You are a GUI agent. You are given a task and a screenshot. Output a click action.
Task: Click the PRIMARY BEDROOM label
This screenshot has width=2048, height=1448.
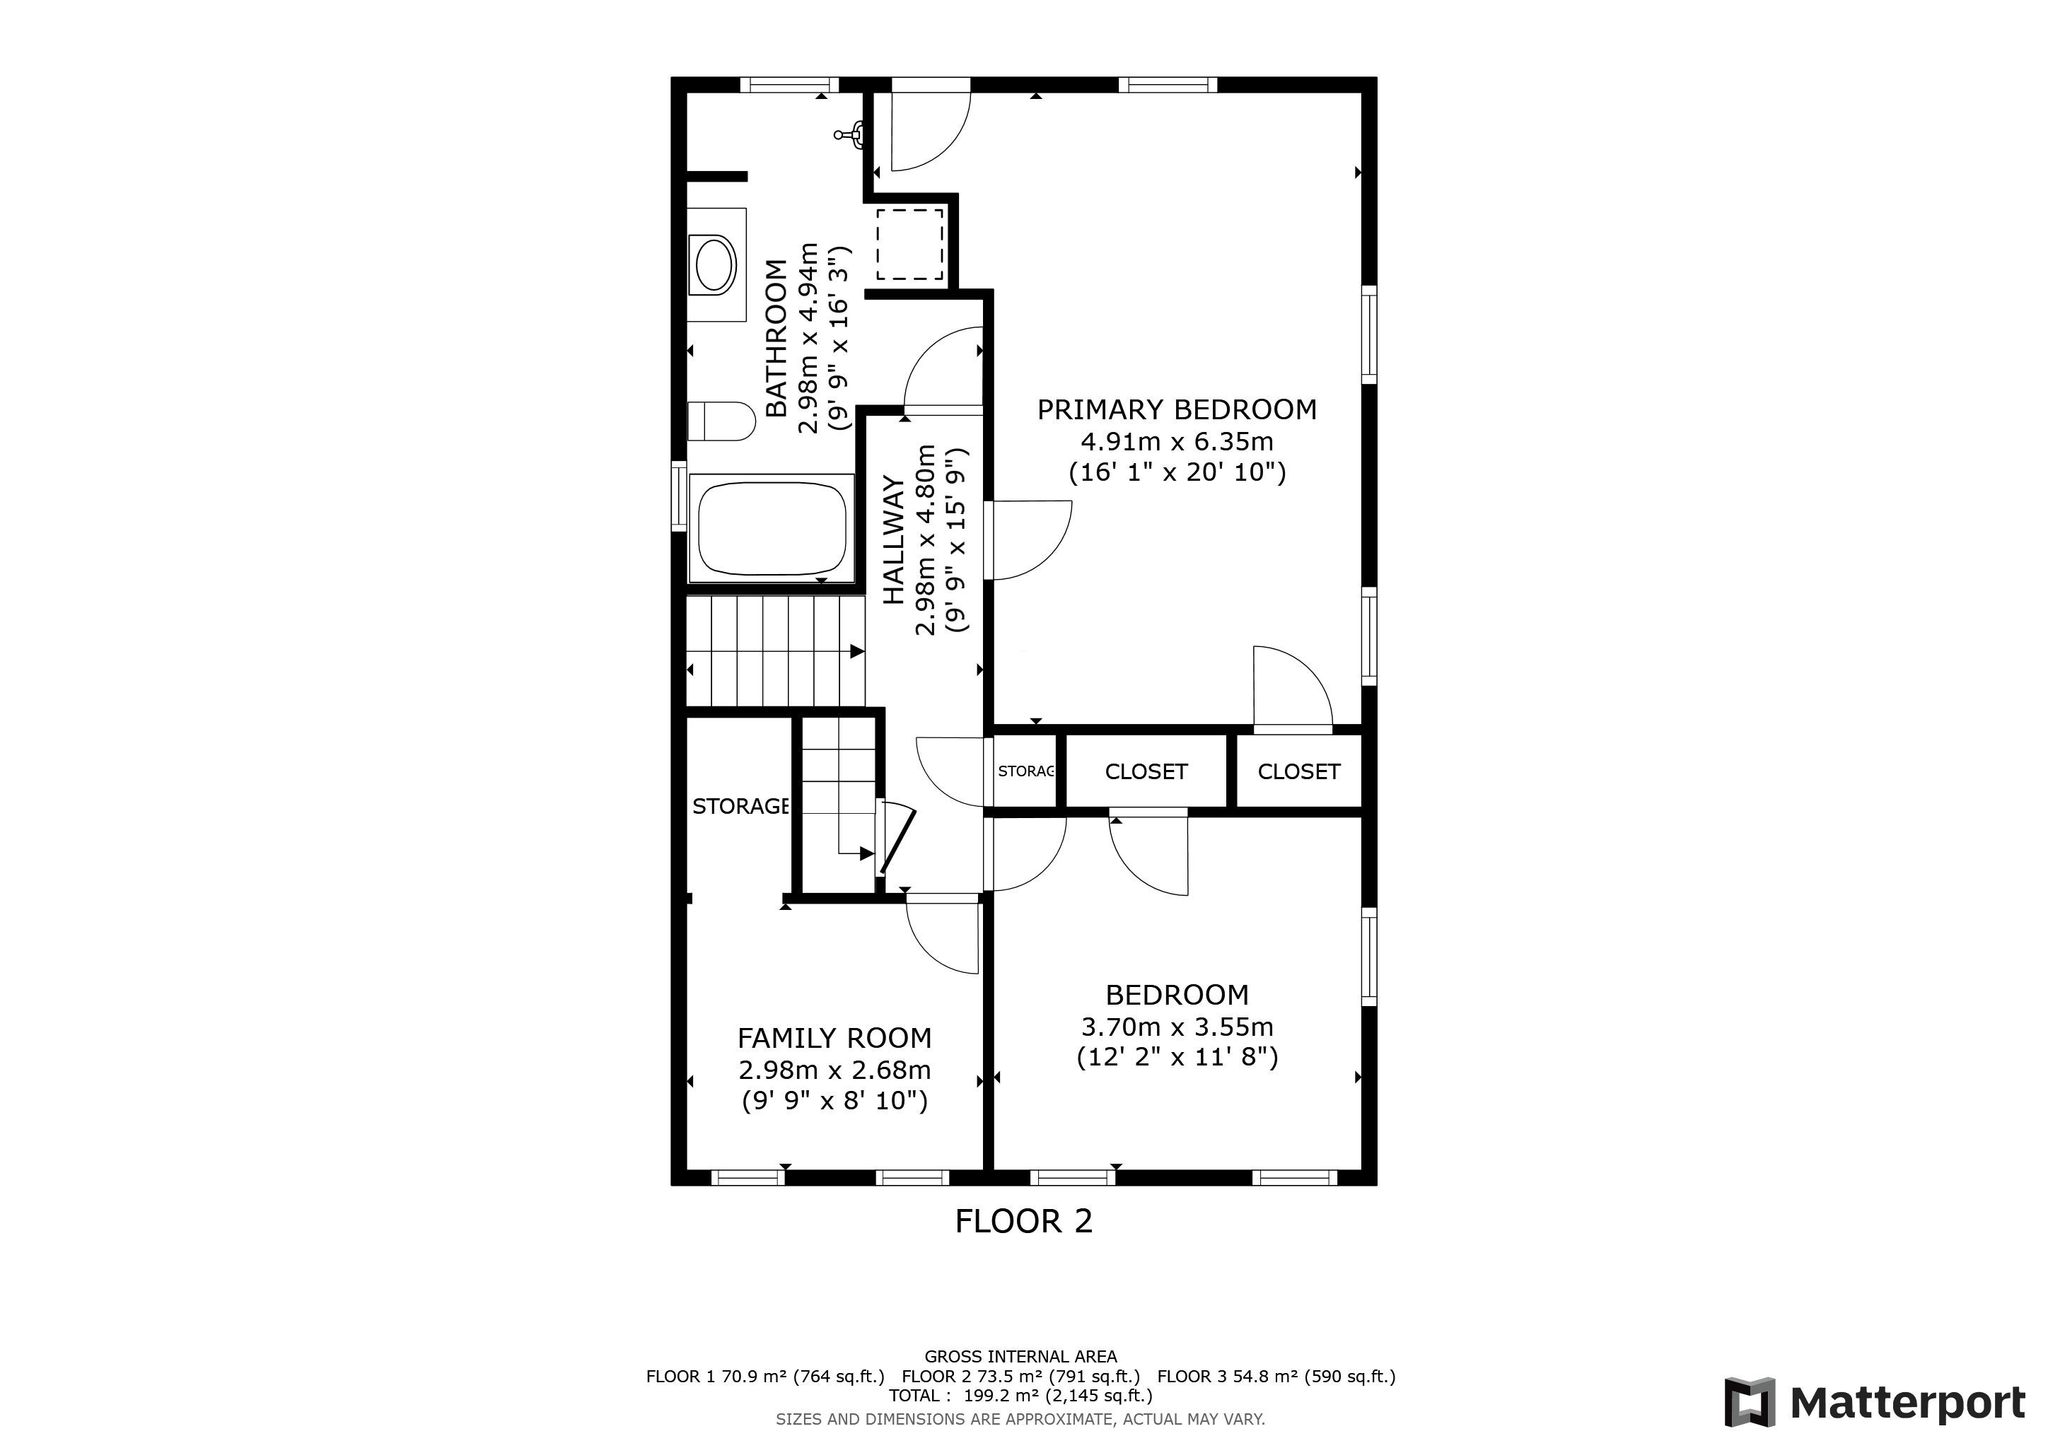pos(1177,409)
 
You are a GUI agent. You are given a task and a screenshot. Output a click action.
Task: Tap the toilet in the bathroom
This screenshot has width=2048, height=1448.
pos(721,421)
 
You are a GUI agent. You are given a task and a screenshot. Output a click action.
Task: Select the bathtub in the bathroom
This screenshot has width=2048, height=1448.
pos(772,528)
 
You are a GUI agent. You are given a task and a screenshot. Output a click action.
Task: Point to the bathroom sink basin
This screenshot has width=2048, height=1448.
pos(714,265)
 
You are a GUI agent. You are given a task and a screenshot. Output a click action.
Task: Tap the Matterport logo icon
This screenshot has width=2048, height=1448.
pos(1750,1403)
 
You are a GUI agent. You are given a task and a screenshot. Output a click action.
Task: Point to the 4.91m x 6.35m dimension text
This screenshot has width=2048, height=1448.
pos(1177,441)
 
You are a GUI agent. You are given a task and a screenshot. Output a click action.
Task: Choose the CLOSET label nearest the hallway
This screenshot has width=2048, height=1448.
pos(1146,771)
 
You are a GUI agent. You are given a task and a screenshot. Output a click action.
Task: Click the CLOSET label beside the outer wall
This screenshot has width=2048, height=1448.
pos(1298,771)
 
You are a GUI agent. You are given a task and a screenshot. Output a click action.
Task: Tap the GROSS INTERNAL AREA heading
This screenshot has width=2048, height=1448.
pos(1020,1357)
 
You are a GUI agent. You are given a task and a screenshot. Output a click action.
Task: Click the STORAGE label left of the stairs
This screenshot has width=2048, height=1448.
pos(740,806)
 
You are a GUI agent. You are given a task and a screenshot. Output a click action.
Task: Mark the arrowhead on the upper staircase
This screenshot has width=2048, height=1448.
pos(857,652)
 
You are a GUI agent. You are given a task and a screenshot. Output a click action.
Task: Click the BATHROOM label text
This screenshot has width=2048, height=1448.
pos(777,338)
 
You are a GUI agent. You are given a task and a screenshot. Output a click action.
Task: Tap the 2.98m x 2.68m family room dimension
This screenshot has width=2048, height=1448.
pos(835,1070)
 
